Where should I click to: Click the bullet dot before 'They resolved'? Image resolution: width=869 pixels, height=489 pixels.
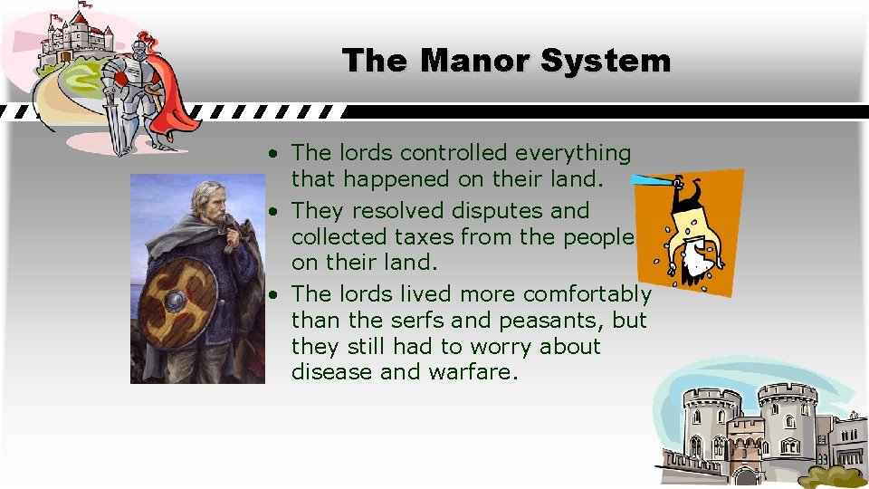272,212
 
